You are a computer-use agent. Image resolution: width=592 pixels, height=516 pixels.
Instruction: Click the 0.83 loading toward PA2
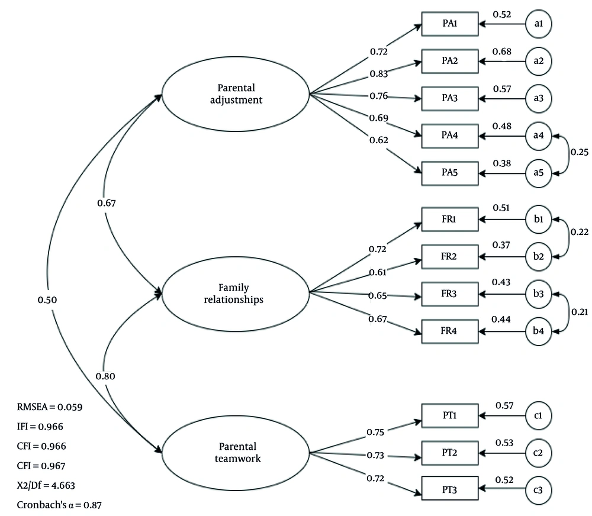click(379, 73)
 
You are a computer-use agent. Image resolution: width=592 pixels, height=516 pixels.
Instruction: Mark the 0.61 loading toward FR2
click(378, 272)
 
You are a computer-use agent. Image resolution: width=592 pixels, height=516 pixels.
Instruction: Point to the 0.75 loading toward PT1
click(375, 432)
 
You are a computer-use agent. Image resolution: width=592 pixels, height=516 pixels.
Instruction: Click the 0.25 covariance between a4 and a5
click(579, 152)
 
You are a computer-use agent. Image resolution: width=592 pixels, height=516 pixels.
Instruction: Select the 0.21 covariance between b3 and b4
click(580, 312)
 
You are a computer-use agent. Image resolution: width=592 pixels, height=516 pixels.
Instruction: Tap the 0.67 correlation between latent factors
click(107, 203)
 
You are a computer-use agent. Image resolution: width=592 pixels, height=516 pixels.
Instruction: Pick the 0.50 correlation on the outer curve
click(47, 300)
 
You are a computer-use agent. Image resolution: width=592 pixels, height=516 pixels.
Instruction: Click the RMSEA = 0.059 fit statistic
click(50, 407)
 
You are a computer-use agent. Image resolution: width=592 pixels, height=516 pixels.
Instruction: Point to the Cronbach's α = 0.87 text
click(59, 505)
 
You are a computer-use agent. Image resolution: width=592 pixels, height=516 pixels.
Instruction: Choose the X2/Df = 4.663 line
click(46, 485)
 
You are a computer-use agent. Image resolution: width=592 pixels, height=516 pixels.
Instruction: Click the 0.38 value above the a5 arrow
click(502, 163)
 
